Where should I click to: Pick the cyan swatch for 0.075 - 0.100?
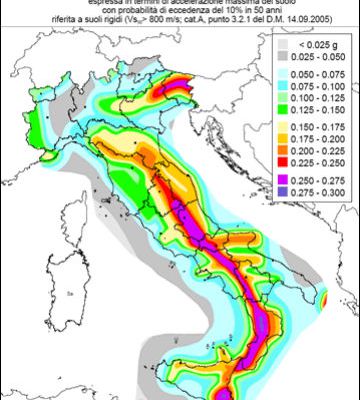pos(284,87)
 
